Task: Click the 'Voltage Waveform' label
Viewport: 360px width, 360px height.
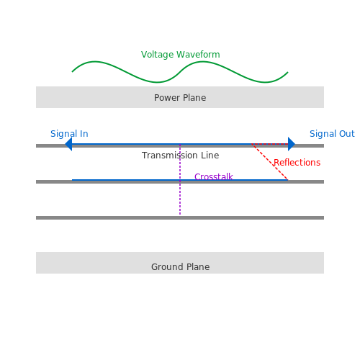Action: [x=180, y=55]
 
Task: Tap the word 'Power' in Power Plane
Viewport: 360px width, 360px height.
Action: [x=167, y=98]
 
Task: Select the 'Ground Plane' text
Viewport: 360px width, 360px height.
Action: [x=180, y=267]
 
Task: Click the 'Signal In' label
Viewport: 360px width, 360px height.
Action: [x=69, y=134]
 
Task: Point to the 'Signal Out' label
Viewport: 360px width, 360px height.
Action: [x=332, y=134]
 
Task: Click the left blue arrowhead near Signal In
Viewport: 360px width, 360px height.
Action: [x=68, y=144]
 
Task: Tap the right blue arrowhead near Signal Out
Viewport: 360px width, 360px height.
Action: [x=292, y=144]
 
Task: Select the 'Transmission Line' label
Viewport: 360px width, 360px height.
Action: [x=180, y=156]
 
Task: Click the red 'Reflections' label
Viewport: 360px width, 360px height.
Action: [x=297, y=163]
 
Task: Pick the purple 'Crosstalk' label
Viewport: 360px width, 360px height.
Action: [x=214, y=176]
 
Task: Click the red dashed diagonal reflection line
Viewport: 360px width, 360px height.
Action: [x=270, y=162]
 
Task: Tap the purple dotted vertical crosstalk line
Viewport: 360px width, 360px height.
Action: [x=180, y=179]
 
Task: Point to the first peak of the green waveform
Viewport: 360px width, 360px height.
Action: [x=94, y=62]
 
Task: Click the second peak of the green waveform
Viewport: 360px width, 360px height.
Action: [x=202, y=62]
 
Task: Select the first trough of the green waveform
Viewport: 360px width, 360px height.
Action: [x=157, y=82]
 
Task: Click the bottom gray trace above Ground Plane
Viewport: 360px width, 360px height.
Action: [x=180, y=217]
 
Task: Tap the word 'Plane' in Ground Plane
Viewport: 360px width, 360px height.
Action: [x=198, y=267]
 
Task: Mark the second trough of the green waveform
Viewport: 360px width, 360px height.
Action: [x=265, y=82]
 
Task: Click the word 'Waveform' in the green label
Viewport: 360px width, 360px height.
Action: [x=198, y=55]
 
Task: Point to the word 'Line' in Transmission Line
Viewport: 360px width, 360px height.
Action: [x=210, y=156]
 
